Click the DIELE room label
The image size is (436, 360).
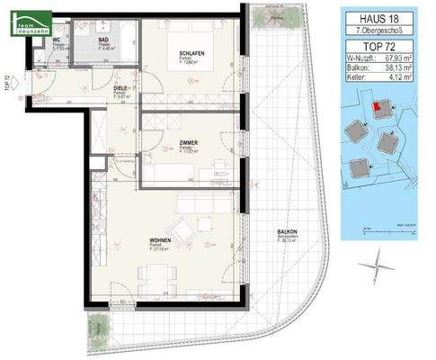point(120,88)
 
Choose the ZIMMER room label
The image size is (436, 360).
point(189,144)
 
